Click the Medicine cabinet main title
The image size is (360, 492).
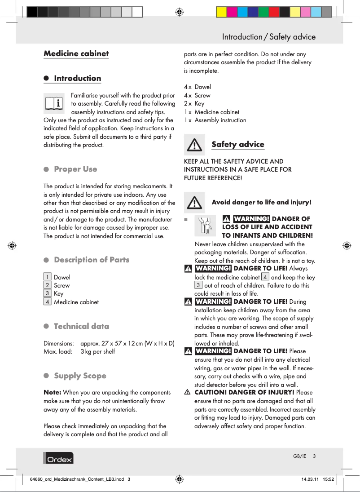76,53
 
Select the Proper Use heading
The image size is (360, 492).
75,169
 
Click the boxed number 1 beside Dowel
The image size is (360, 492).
47,277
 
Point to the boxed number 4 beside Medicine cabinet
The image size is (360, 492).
47,301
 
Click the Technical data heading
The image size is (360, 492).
81,326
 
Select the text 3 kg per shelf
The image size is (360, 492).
97,351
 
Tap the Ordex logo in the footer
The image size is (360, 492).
58,458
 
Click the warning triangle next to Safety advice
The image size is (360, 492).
194,145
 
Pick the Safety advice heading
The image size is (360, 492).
237,144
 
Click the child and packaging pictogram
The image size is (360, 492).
205,225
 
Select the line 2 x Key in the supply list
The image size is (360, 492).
194,103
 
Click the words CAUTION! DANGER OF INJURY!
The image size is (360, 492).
244,392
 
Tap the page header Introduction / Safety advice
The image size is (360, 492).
268,37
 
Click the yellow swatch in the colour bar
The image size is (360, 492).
222,12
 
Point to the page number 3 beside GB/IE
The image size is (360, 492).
315,456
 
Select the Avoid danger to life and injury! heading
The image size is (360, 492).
261,202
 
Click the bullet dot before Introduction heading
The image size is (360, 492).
46,78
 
